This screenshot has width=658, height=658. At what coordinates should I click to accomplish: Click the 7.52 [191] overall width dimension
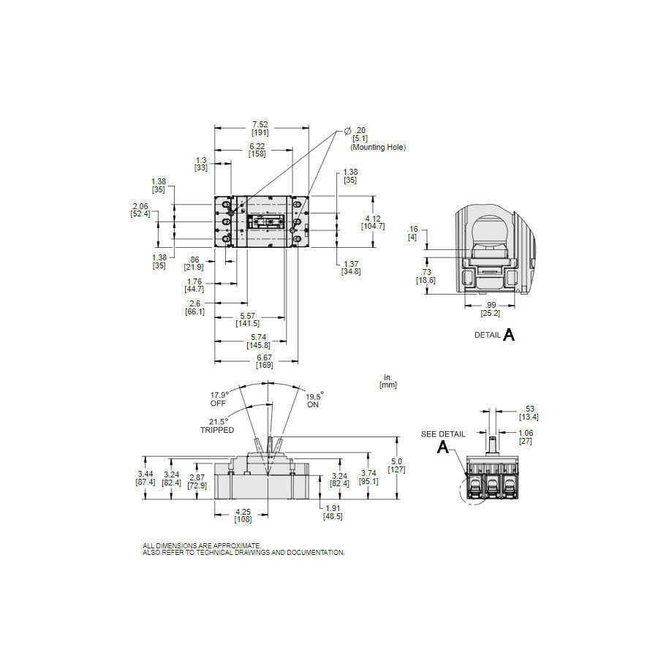pos(260,129)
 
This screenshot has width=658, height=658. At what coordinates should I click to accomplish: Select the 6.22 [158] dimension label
pos(257,151)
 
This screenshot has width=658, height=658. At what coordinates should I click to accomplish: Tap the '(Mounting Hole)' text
pos(377,147)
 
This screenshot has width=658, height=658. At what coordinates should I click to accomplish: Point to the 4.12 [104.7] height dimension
pos(373,222)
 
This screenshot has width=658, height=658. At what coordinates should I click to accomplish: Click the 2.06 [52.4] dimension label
pos(140,210)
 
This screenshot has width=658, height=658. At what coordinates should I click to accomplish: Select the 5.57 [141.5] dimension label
pos(247,319)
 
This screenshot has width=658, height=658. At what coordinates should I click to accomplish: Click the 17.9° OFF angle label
pos(220,398)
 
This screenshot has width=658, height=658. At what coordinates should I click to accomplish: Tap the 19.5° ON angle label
pos(314,400)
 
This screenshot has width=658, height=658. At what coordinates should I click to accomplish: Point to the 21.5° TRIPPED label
pos(217,426)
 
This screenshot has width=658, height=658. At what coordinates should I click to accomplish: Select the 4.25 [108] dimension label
pos(243,515)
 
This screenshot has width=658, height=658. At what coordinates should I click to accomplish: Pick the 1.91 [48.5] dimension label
pos(333,512)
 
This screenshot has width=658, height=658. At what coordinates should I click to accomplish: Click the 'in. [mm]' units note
pos(388,382)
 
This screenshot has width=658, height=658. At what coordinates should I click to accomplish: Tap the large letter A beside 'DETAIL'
pos(509,335)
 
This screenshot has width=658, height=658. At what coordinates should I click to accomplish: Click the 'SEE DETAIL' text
pos(442,434)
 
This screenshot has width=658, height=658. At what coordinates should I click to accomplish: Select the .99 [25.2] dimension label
pos(490,309)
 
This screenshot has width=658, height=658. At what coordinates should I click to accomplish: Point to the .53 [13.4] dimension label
pos(529,413)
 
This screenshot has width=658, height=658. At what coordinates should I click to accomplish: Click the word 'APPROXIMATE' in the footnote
pos(235,546)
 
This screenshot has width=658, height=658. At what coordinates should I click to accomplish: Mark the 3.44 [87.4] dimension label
pos(145,477)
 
